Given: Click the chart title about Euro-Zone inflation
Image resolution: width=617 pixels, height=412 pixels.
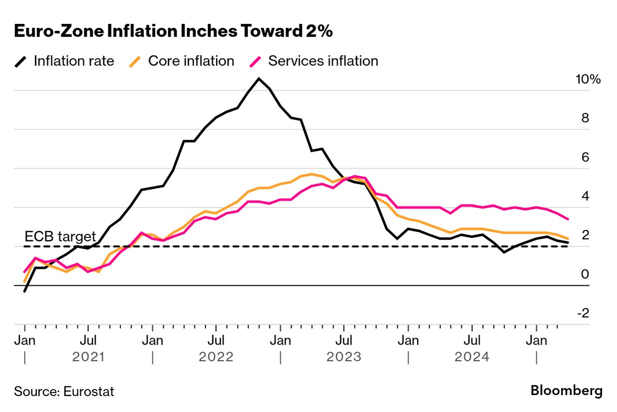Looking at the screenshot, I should (x=173, y=31).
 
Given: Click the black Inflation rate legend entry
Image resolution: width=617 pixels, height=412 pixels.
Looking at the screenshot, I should (x=64, y=61).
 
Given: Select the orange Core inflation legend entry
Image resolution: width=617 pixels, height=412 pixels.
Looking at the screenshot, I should (x=182, y=61).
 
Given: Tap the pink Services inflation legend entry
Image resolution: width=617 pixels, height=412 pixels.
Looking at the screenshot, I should (x=313, y=61).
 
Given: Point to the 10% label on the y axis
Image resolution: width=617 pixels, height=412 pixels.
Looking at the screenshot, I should (x=589, y=79).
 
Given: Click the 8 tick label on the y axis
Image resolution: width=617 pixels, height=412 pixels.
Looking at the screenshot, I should (x=585, y=118).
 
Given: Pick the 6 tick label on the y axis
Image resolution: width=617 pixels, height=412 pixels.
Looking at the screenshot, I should (x=585, y=157).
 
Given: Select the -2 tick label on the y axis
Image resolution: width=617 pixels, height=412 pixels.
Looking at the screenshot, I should (x=583, y=313).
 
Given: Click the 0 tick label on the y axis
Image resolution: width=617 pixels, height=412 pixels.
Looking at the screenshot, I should (x=585, y=274).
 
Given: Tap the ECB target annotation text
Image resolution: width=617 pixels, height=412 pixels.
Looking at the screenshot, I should (x=60, y=236).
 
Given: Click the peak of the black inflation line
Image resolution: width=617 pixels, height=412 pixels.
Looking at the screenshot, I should (x=258, y=79).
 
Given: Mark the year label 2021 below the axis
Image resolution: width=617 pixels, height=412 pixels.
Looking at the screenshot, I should (x=88, y=357).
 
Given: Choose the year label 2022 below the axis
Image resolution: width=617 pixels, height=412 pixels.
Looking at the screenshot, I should (x=216, y=357).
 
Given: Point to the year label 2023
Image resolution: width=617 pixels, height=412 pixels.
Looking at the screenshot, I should (x=344, y=357).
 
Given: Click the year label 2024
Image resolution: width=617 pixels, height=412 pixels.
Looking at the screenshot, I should (x=471, y=357).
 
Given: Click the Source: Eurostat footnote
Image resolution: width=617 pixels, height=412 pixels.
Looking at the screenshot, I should (x=64, y=392).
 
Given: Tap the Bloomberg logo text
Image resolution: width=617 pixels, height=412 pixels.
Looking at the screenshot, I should (x=566, y=391).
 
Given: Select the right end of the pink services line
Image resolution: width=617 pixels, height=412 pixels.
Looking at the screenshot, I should (x=568, y=218).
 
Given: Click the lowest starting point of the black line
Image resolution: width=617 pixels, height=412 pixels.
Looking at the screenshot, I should (x=24, y=291).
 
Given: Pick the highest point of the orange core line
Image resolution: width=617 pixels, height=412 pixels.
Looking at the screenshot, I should (x=312, y=174).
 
